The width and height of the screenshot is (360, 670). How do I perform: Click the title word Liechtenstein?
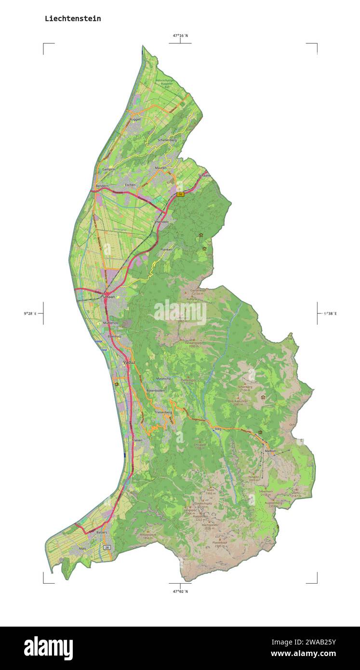click(x=73, y=19)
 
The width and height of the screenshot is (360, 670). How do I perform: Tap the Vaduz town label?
click(x=129, y=362)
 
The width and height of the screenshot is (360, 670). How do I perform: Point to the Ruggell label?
click(x=135, y=119)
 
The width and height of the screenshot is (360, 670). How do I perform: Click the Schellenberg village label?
click(x=167, y=140)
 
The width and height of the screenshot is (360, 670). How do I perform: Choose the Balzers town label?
click(x=101, y=532)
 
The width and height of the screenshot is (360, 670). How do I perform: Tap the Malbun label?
click(x=270, y=451)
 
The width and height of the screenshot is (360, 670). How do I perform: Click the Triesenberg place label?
click(x=163, y=413)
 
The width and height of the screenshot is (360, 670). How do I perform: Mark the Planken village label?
click(x=166, y=250)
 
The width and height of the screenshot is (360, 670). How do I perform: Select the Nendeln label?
click(x=162, y=222)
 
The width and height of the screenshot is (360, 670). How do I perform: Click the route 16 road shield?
click(x=180, y=194)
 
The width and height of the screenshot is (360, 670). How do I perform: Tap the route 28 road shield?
click(x=107, y=547)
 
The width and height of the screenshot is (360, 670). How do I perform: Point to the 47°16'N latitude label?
click(x=180, y=35)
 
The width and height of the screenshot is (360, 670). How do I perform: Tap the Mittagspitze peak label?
click(x=147, y=536)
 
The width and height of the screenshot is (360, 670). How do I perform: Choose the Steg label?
click(x=218, y=429)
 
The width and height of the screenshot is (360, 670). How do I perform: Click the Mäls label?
click(x=82, y=549)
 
